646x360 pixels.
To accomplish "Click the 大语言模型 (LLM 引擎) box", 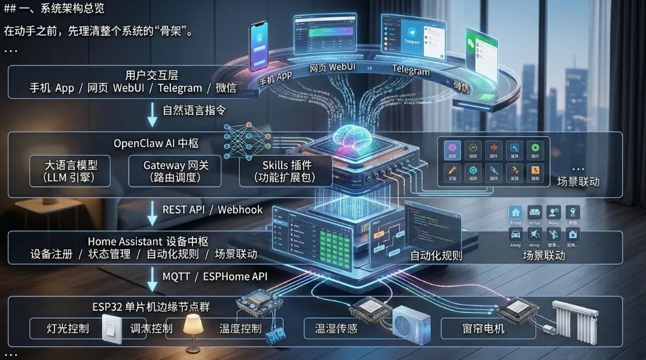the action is tap(69, 171).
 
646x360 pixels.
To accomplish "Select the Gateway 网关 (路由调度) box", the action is tap(175, 171).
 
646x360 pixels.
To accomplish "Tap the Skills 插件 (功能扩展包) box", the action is tap(285, 171).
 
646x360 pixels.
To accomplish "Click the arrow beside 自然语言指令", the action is tap(152, 114).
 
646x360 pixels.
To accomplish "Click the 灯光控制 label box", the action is tap(68, 328).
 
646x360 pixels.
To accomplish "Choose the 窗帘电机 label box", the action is tap(483, 328).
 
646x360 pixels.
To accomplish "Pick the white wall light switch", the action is tap(111, 328).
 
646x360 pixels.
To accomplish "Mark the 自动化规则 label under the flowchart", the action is tap(435, 256).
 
